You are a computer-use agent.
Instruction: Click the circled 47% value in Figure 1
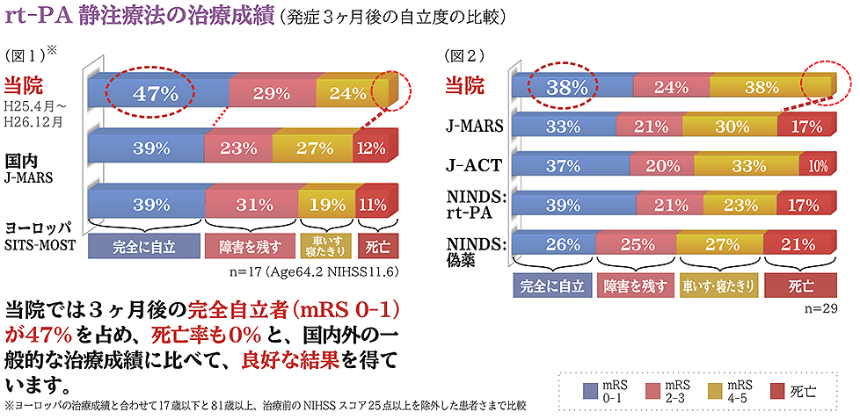coord(157,92)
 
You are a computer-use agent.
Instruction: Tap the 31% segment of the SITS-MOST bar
coord(252,205)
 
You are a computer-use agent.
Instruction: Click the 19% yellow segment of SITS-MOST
coord(327,205)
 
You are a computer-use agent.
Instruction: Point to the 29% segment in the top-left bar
coord(273,93)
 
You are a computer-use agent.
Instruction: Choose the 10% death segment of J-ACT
coord(818,166)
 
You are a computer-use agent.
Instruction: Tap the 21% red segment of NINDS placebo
coord(799,243)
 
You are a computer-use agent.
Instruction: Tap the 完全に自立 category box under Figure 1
coord(143,247)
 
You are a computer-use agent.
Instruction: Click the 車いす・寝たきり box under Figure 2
coord(718,285)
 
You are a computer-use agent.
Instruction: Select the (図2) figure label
coord(464,54)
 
